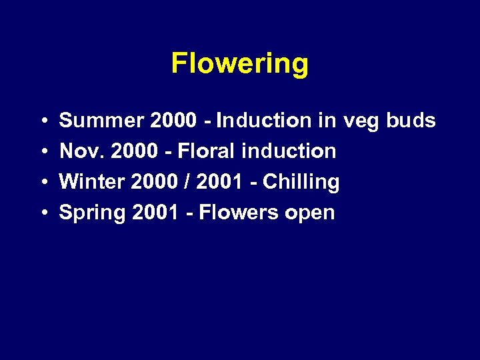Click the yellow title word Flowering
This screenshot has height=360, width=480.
240,64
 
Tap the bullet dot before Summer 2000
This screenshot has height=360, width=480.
42,121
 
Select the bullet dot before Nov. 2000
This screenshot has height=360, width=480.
42,152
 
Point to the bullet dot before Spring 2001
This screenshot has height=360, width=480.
42,213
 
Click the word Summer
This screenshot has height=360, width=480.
102,121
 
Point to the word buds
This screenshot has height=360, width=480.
411,121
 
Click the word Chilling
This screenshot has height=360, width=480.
301,182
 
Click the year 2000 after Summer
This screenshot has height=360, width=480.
174,121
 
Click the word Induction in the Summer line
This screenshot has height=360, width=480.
263,121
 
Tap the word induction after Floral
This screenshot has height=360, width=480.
289,151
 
